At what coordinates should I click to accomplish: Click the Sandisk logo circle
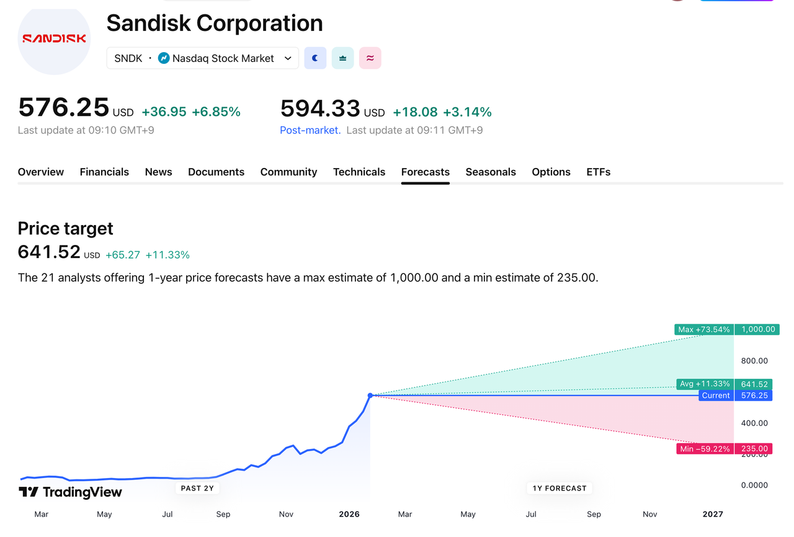coord(54,38)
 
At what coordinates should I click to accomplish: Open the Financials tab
coord(104,172)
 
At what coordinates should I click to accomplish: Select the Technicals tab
coord(359,172)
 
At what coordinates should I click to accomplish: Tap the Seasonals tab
coord(491,172)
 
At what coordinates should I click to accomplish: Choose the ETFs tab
coord(598,172)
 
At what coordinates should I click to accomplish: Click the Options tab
coord(551,172)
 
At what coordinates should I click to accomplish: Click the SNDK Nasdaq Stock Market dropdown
coord(202,58)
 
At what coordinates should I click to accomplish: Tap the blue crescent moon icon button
coord(315,58)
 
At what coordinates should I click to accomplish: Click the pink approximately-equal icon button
coord(370,58)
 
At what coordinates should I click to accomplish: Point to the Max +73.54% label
coord(703,329)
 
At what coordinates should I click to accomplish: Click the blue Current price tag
coord(716,396)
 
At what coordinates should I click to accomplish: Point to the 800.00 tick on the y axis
coord(754,361)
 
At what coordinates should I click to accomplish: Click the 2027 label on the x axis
coord(713,514)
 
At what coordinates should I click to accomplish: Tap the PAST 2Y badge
coord(197,488)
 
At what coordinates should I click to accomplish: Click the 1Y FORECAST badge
coord(560,488)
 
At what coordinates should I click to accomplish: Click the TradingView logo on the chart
coord(70,492)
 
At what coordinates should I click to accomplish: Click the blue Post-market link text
coord(310,130)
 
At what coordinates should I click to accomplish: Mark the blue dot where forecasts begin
coord(370,396)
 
